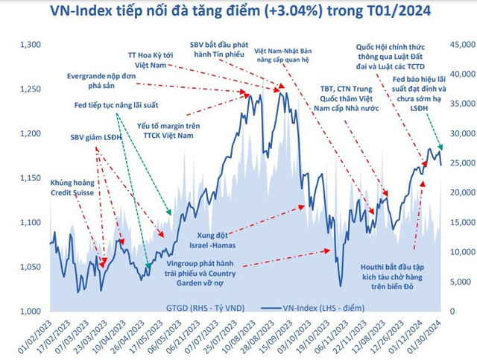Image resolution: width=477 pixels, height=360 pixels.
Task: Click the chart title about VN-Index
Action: click(x=238, y=12)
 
